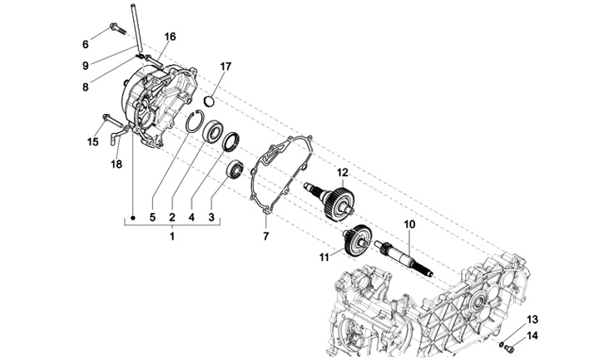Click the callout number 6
click(85, 43)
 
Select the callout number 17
click(225, 66)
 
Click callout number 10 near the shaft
click(408, 224)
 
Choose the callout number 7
click(265, 237)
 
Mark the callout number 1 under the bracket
click(172, 237)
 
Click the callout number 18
click(117, 163)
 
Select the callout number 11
click(324, 258)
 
